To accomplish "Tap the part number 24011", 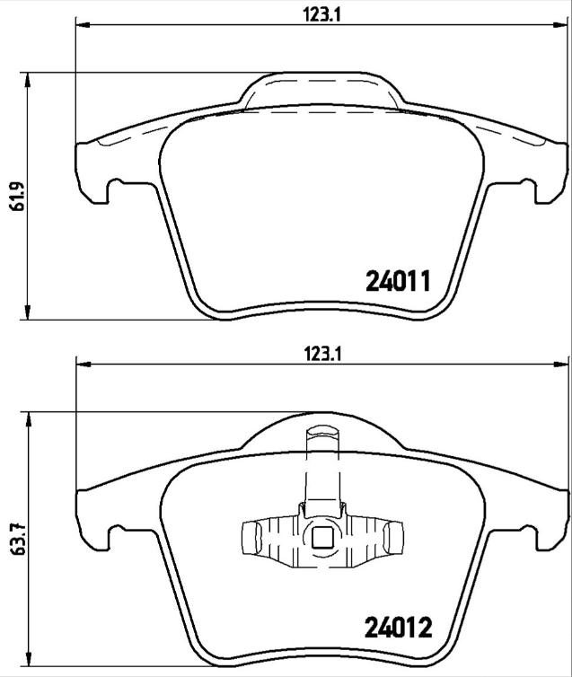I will tap(400, 282).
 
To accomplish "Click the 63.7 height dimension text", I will tap(13, 544).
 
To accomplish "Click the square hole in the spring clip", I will tap(321, 539).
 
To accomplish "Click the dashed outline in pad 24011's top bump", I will tap(321, 86).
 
